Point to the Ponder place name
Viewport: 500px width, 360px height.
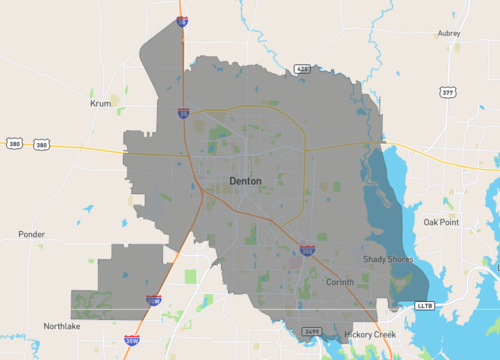coord(32,234)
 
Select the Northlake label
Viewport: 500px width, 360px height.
coord(62,326)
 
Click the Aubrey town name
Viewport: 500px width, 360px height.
coord(449,33)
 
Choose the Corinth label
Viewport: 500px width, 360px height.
coord(340,283)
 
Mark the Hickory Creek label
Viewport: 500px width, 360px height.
coord(369,333)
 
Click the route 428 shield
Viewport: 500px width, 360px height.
coord(302,69)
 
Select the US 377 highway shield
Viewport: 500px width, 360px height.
coord(447,92)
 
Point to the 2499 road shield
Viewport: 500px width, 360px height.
coord(311,330)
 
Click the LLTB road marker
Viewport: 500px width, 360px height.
coord(423,302)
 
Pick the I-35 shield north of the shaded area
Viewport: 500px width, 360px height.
coord(181,20)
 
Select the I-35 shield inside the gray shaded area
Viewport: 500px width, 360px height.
coord(183,114)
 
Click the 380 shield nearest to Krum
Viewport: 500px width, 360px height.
coord(41,145)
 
